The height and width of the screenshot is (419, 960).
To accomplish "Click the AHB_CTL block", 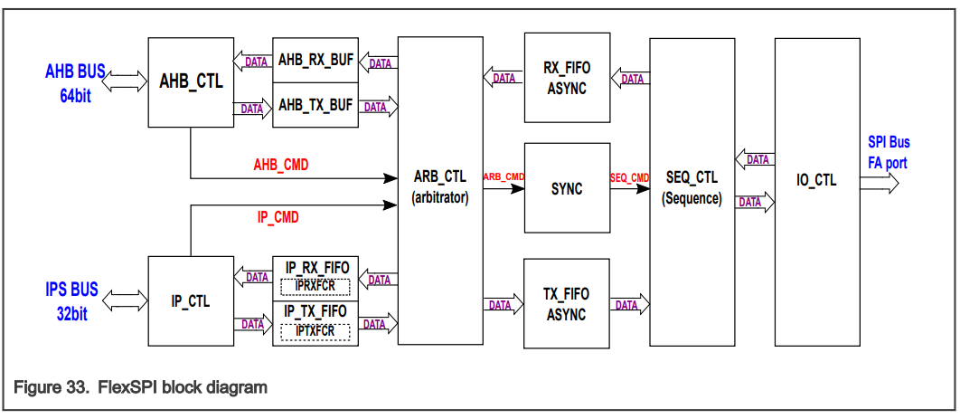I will (x=191, y=81).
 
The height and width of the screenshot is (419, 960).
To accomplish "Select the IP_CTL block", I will (x=191, y=301).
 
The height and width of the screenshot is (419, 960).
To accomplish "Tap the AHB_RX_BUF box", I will (x=315, y=62).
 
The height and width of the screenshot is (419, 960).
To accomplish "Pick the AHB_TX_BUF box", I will (x=315, y=105).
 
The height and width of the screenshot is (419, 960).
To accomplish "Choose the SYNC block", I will (x=567, y=189).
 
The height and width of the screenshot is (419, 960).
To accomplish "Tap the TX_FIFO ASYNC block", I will (x=567, y=304).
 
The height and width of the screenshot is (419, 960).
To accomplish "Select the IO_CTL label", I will (x=816, y=180).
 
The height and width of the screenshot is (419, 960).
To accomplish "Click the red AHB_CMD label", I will (x=280, y=166).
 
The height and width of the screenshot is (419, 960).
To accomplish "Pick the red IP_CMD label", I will (x=278, y=218).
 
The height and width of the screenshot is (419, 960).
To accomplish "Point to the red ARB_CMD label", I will (x=504, y=176).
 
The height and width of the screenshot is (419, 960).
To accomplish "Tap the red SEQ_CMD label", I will (x=629, y=177).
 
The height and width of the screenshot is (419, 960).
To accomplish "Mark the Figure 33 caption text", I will (x=140, y=387).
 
